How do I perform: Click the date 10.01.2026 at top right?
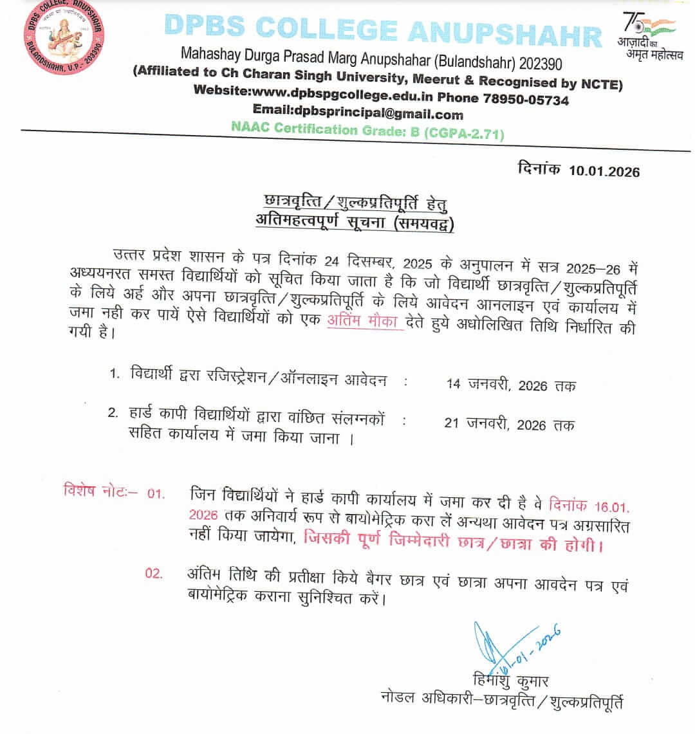click(x=605, y=170)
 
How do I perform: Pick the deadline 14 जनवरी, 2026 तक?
click(x=511, y=385)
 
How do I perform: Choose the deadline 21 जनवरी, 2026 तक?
click(x=509, y=425)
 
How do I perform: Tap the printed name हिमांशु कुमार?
click(x=508, y=681)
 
